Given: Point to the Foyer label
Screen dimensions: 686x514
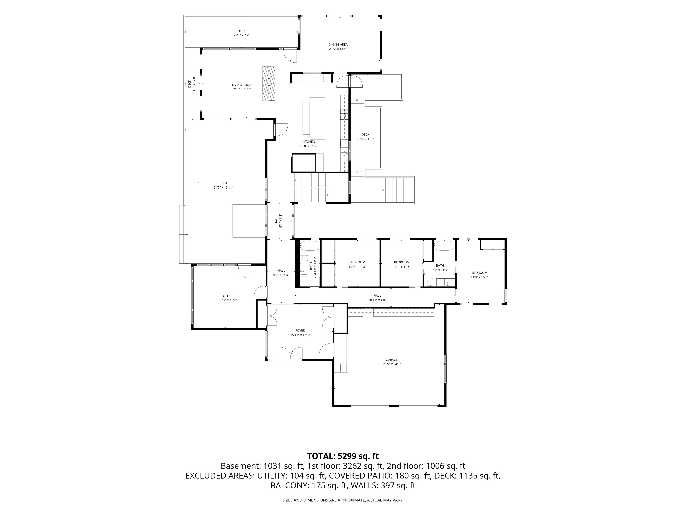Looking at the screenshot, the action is coord(300,330).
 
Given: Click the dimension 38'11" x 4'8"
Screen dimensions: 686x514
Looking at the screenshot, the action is coord(377,300).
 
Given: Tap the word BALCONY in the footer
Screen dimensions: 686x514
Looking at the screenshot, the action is coord(289,486).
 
